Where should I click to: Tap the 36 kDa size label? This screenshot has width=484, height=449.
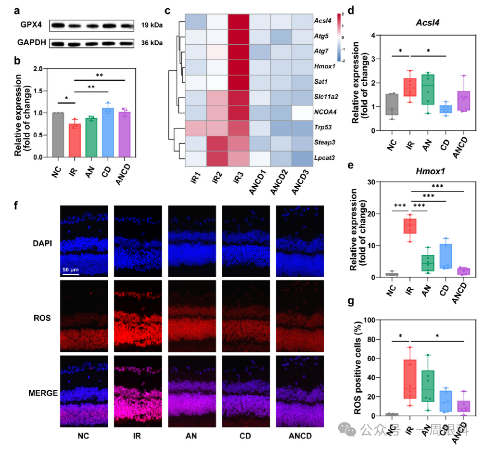coord(151,43)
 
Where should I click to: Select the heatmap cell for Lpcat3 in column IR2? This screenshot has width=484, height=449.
coord(217,158)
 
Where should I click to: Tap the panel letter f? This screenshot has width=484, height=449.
coord(17,205)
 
